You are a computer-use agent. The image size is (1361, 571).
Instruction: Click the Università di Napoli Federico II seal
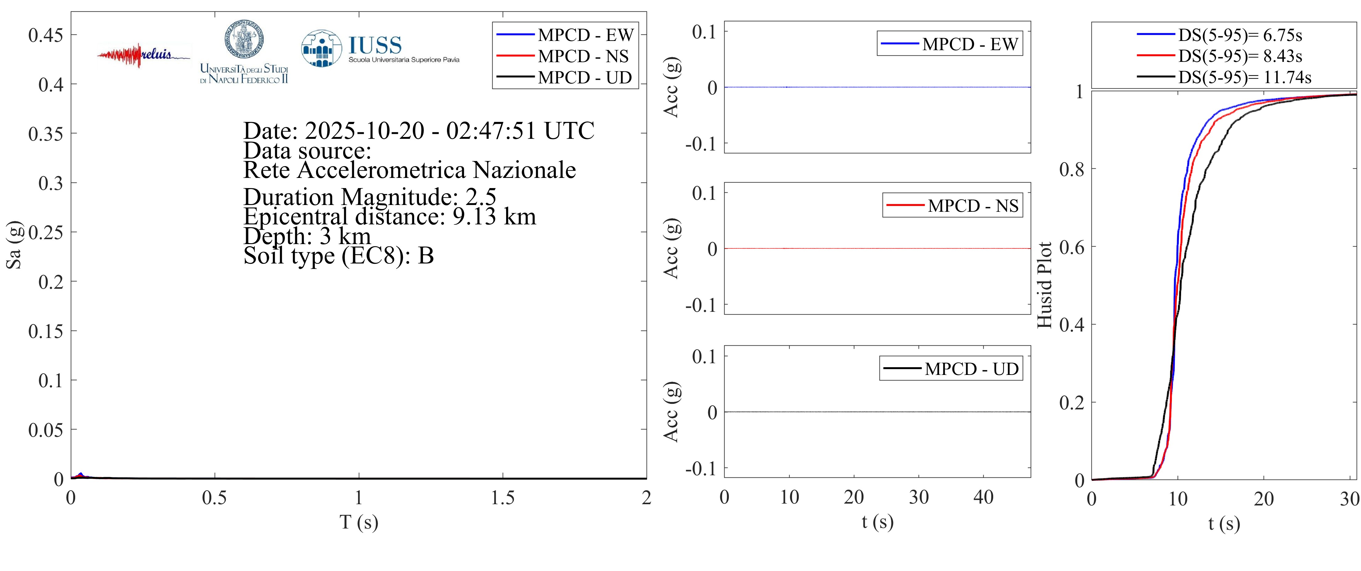244,40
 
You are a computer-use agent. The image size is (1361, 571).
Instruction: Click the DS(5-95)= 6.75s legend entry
1240,35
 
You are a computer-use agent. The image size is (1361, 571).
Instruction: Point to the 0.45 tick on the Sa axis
45,35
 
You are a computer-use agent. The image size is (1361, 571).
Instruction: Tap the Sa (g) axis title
14,245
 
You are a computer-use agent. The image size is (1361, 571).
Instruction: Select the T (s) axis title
359,522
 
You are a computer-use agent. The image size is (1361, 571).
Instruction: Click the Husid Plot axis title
1045,285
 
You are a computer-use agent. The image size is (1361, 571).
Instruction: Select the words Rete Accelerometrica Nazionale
409,170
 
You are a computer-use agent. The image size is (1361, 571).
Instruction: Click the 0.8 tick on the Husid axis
1071,169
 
